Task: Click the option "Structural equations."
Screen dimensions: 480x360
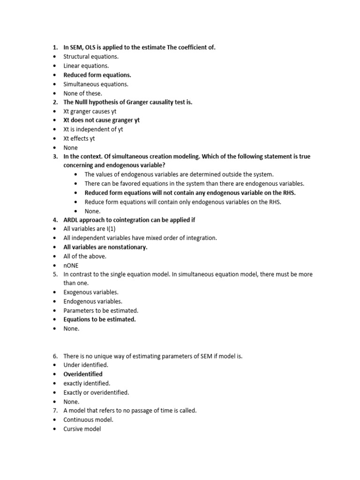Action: (91, 57)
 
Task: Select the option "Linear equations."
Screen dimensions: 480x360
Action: (86, 66)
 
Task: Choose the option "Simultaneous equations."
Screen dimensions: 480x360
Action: (96, 84)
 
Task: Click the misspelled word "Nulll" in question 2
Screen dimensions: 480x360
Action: (86, 102)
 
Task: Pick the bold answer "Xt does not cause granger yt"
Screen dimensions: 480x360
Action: (101, 120)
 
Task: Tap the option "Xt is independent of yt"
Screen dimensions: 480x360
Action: (93, 129)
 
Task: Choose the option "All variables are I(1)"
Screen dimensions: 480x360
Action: (89, 229)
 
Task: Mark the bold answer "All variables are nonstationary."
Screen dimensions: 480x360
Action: (105, 247)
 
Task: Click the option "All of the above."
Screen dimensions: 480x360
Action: (85, 256)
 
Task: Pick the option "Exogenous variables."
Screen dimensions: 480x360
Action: (91, 292)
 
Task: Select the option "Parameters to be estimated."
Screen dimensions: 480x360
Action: (101, 310)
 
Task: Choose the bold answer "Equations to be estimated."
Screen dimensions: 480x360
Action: (99, 319)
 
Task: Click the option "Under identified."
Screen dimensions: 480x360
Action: (86, 365)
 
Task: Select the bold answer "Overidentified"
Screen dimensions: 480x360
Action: (83, 374)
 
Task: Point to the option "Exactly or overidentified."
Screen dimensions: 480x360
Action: (96, 392)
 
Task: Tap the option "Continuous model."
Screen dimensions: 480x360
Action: (88, 420)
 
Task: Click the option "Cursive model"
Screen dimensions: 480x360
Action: (82, 428)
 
